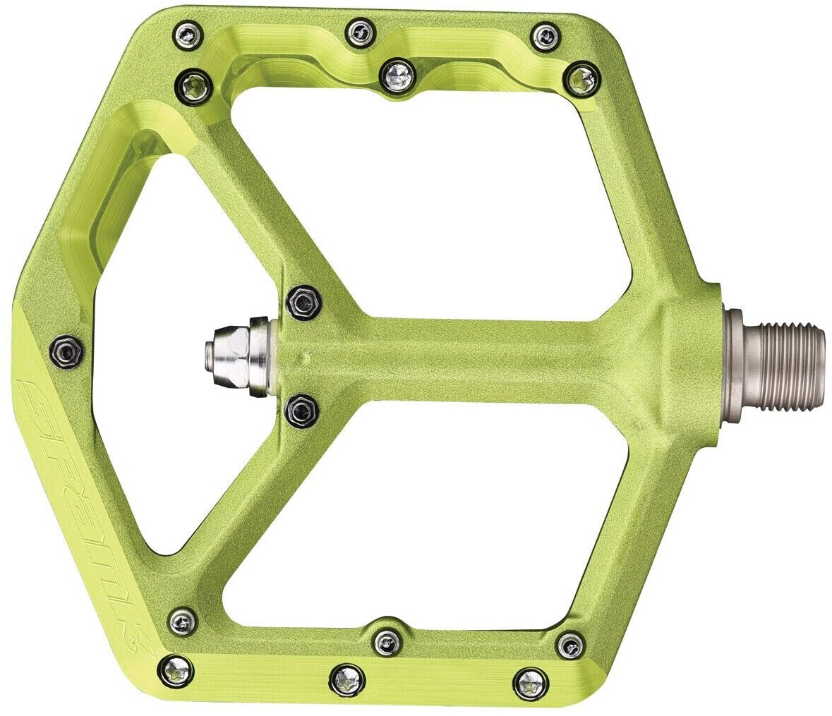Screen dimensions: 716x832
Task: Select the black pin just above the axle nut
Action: [x=303, y=302]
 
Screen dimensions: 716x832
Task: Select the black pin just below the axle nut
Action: [x=302, y=409]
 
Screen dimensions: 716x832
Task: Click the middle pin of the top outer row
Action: [x=358, y=30]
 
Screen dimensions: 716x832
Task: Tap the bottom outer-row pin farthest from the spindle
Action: [x=174, y=669]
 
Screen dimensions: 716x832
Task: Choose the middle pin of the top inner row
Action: [x=396, y=74]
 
